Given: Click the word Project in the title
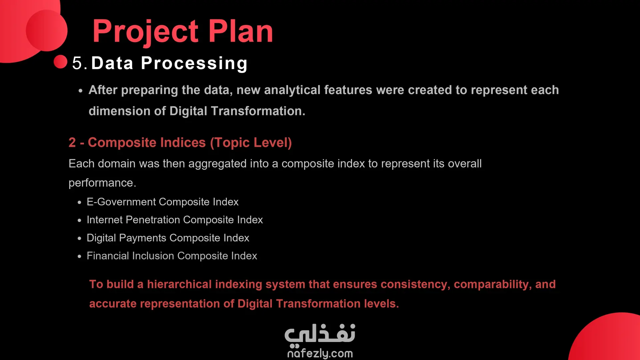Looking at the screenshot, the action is click(x=146, y=32).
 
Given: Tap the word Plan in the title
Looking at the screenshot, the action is click(x=241, y=31).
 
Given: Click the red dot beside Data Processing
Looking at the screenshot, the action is click(x=60, y=62).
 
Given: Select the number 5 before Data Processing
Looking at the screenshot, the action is click(x=77, y=63).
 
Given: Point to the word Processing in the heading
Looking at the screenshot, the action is click(x=194, y=63).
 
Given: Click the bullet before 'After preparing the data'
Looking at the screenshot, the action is click(x=80, y=91).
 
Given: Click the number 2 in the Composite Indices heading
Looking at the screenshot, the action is click(x=72, y=142).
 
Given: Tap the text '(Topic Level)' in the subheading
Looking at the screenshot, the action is click(x=251, y=143).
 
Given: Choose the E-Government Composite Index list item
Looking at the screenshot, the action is click(x=163, y=202).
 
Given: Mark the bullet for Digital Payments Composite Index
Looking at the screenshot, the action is click(x=79, y=239).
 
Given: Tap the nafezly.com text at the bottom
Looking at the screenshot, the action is click(x=320, y=353).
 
